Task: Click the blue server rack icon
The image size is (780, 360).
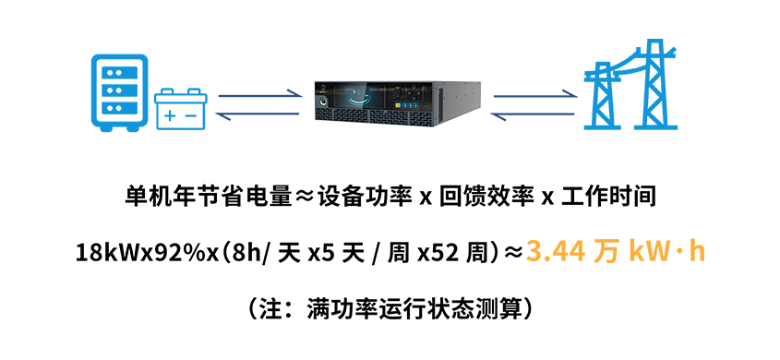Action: point(120,93)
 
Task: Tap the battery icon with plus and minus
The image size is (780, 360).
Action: point(181,109)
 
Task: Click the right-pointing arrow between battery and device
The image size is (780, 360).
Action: point(259,94)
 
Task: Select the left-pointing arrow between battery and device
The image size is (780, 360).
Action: point(258,115)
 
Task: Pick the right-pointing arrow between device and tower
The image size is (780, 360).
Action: point(534,94)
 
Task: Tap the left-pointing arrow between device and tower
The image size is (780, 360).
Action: point(533,115)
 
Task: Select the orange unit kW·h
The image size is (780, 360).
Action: point(666,252)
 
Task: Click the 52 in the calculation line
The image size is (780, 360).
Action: point(448,254)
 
